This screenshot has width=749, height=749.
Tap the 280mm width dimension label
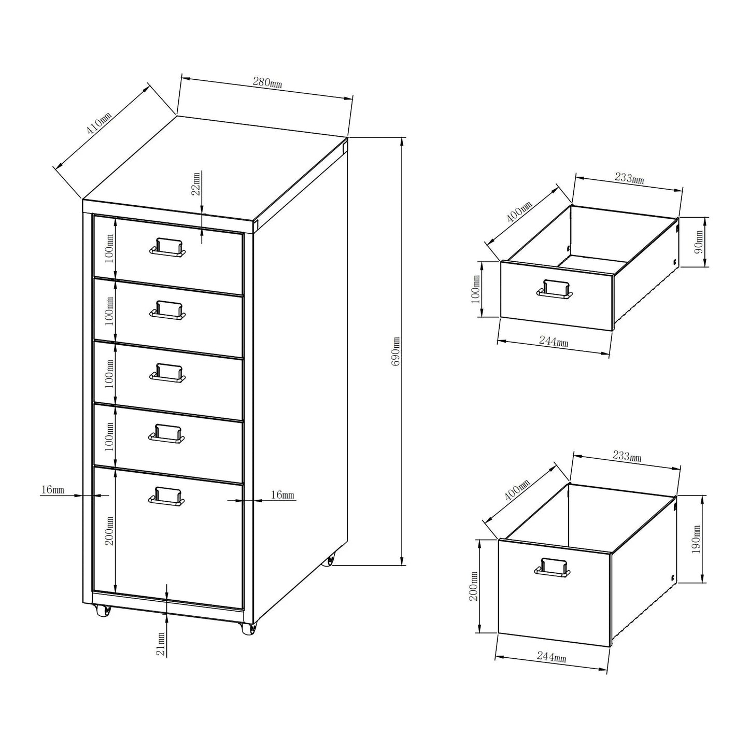pos(267,82)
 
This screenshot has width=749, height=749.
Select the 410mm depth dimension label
pos(98,127)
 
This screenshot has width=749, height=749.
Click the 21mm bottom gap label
pos(161,644)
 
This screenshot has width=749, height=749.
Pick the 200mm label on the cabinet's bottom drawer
pos(109,532)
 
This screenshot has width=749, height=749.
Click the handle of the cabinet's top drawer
pos(167,247)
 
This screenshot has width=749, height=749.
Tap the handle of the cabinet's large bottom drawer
pos(166,496)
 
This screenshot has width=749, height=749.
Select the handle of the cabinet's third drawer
pos(167,372)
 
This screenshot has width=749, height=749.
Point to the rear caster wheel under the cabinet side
pos(328,561)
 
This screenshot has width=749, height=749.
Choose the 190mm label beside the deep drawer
pos(696,539)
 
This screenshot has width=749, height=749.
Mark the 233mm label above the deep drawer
pos(627,457)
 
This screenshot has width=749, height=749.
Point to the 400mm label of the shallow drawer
pos(519,212)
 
